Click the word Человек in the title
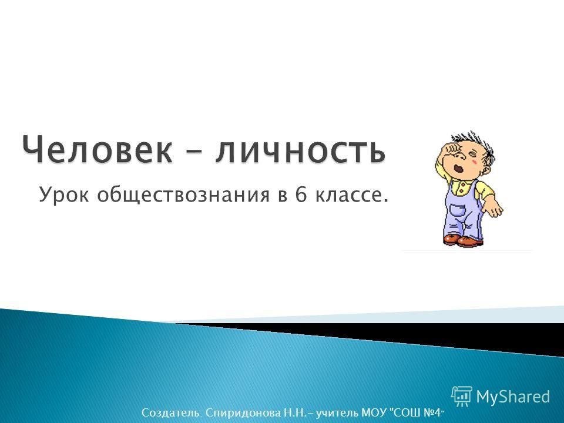pos(97,150)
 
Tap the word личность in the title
pos(300,150)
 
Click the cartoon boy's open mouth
pos(458,168)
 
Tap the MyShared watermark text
pos(513,397)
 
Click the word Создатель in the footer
pos(172,412)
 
